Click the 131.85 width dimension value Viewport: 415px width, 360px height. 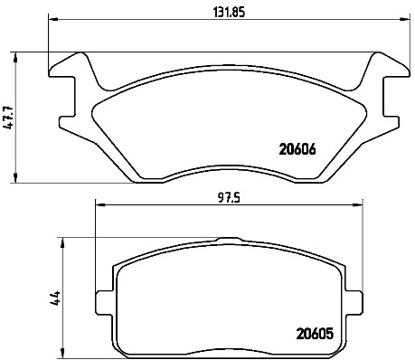click(229, 12)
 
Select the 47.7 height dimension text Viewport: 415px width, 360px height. click(8, 118)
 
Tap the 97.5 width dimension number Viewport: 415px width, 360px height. click(230, 198)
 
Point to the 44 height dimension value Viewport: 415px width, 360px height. click(55, 298)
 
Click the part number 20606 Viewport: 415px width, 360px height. click(297, 149)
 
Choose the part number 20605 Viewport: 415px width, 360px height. click(315, 334)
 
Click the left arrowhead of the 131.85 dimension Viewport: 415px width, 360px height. click(52, 20)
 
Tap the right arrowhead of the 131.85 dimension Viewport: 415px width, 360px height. click(405, 20)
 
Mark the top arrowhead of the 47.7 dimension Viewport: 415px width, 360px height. click(15, 58)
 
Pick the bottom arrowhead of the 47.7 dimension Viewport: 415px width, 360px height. click(15, 177)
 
